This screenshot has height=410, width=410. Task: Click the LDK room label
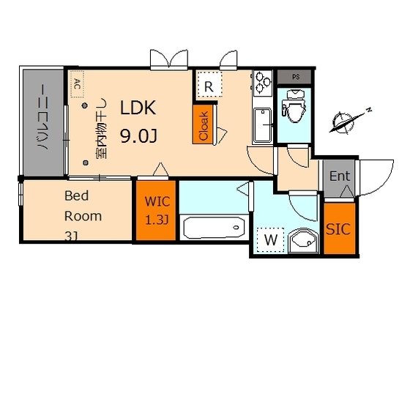coord(138,108)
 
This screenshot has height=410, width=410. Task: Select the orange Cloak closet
coord(203,124)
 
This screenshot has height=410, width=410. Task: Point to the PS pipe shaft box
coord(294,75)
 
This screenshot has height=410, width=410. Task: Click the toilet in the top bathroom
coord(294,107)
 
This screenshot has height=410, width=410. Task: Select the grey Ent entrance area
coord(339,176)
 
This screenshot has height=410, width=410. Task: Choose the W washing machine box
coord(271,239)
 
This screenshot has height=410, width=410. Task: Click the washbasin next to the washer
coord(301,240)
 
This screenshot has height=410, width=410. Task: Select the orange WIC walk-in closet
coord(156,211)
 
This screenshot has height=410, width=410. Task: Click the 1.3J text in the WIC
coord(157,220)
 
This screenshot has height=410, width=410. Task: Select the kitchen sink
coord(261,125)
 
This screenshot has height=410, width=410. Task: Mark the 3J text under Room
coord(72,236)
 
